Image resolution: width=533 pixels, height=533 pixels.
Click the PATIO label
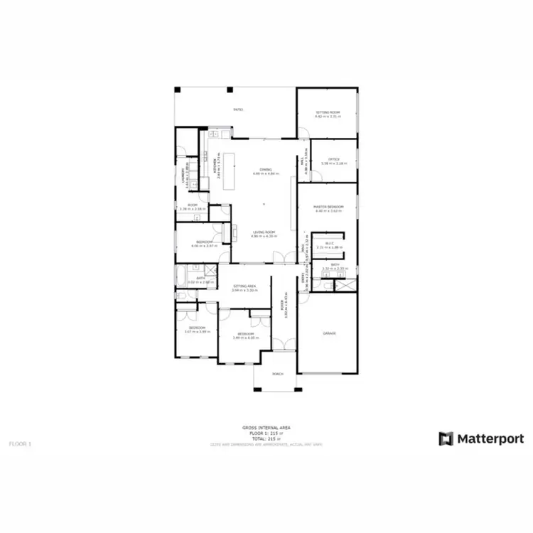pos(239,110)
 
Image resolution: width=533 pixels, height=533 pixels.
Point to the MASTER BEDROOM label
pos(328,207)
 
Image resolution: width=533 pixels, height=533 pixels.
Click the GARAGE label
pos(328,333)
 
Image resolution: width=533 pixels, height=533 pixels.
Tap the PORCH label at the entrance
pos(277,375)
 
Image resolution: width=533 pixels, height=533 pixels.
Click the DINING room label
pos(266,170)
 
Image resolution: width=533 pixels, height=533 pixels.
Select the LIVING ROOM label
pos(264,232)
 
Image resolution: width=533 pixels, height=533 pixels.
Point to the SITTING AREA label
pos(244,286)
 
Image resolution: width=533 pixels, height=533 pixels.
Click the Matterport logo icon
pos(446,438)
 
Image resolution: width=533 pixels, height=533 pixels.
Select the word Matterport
pos(490,438)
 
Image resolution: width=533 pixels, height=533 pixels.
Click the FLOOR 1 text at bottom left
pos(20,443)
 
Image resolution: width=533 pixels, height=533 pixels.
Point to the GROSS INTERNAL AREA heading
pos(266,427)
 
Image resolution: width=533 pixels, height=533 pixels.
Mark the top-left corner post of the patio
pos(178,90)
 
